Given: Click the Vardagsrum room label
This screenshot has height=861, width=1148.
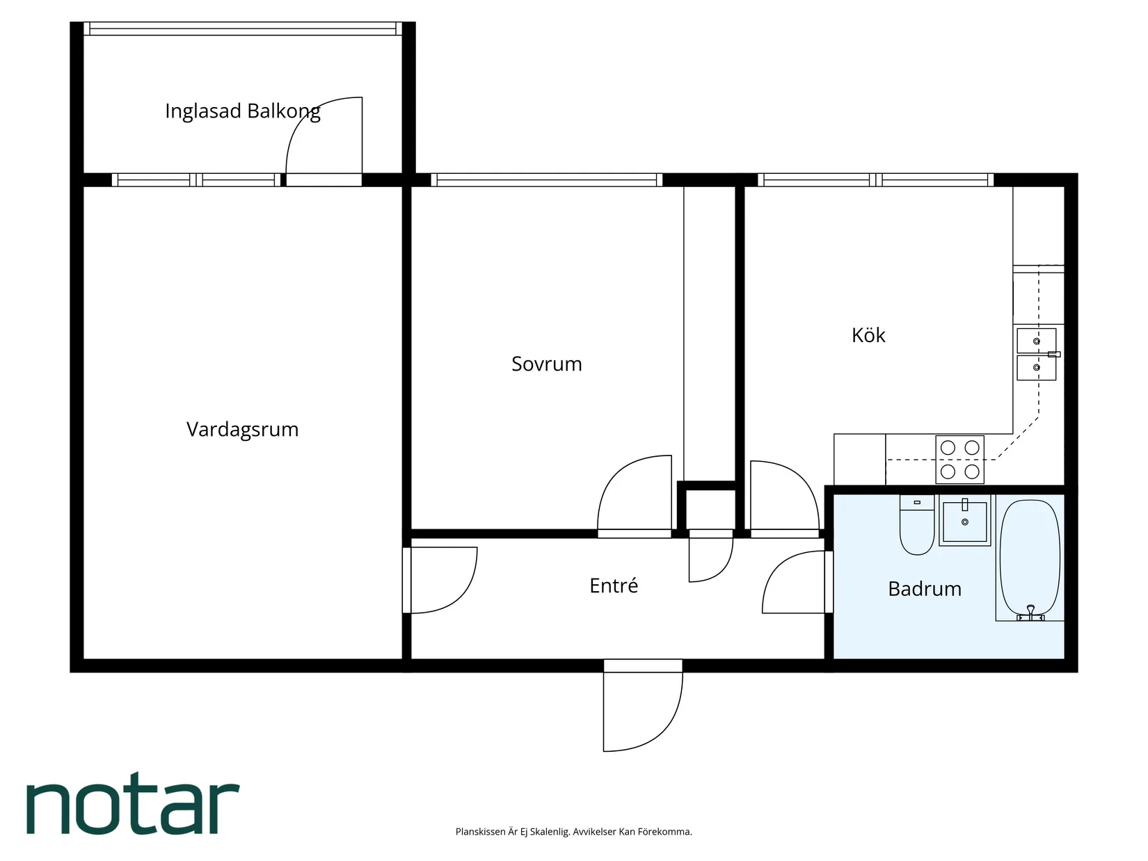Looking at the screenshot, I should pyautogui.click(x=242, y=429).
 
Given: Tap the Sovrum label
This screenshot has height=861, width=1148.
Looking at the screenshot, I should pyautogui.click(x=546, y=364).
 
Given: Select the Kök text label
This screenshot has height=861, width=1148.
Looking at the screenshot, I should pyautogui.click(x=868, y=335).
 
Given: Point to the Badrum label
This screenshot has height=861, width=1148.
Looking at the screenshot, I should pyautogui.click(x=925, y=589).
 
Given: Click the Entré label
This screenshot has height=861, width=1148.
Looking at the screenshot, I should pyautogui.click(x=613, y=586).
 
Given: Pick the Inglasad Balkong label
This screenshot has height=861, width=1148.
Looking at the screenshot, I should pyautogui.click(x=242, y=111).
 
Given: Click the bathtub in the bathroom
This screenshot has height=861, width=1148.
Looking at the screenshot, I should pyautogui.click(x=1030, y=560).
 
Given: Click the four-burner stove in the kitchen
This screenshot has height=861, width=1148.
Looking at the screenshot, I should pyautogui.click(x=959, y=459).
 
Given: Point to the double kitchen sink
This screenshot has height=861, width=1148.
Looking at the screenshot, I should pyautogui.click(x=1036, y=355).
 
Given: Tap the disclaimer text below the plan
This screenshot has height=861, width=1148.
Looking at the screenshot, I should pyautogui.click(x=573, y=832).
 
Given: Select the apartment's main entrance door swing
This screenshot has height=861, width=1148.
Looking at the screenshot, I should pyautogui.click(x=641, y=709).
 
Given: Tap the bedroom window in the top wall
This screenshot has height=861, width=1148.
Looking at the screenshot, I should pyautogui.click(x=546, y=180).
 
